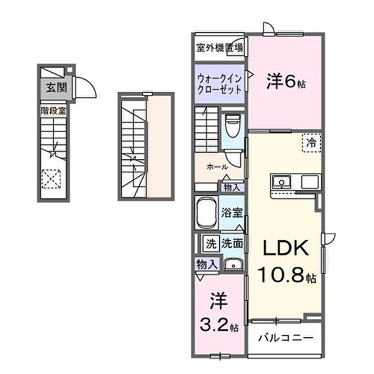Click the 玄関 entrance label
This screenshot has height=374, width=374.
pos(56,88)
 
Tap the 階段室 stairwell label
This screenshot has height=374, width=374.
pos(53,111)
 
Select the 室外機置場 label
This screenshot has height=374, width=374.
pos(220,48)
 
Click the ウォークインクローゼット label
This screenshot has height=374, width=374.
pos(220,84)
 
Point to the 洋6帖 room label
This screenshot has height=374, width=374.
pos(286,81)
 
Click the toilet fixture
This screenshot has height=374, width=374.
pos(233,126)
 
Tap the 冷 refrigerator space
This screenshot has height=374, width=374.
pos(311,143)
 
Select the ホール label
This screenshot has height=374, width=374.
pos(217,167)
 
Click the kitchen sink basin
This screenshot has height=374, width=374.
pos(282,182)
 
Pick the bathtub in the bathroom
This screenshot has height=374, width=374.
pos(207,213)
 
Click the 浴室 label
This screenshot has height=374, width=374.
pos(232,212)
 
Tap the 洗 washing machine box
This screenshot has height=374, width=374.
pos(211,244)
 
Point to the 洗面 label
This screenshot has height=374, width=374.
pos(232,244)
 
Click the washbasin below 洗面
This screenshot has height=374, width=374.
pos(233,264)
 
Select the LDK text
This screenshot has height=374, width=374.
pos(285,248)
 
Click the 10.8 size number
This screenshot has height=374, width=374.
pos(281,274)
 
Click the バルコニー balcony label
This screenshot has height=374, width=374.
pos(285,338)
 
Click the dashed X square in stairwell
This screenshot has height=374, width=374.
pos(51,179)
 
